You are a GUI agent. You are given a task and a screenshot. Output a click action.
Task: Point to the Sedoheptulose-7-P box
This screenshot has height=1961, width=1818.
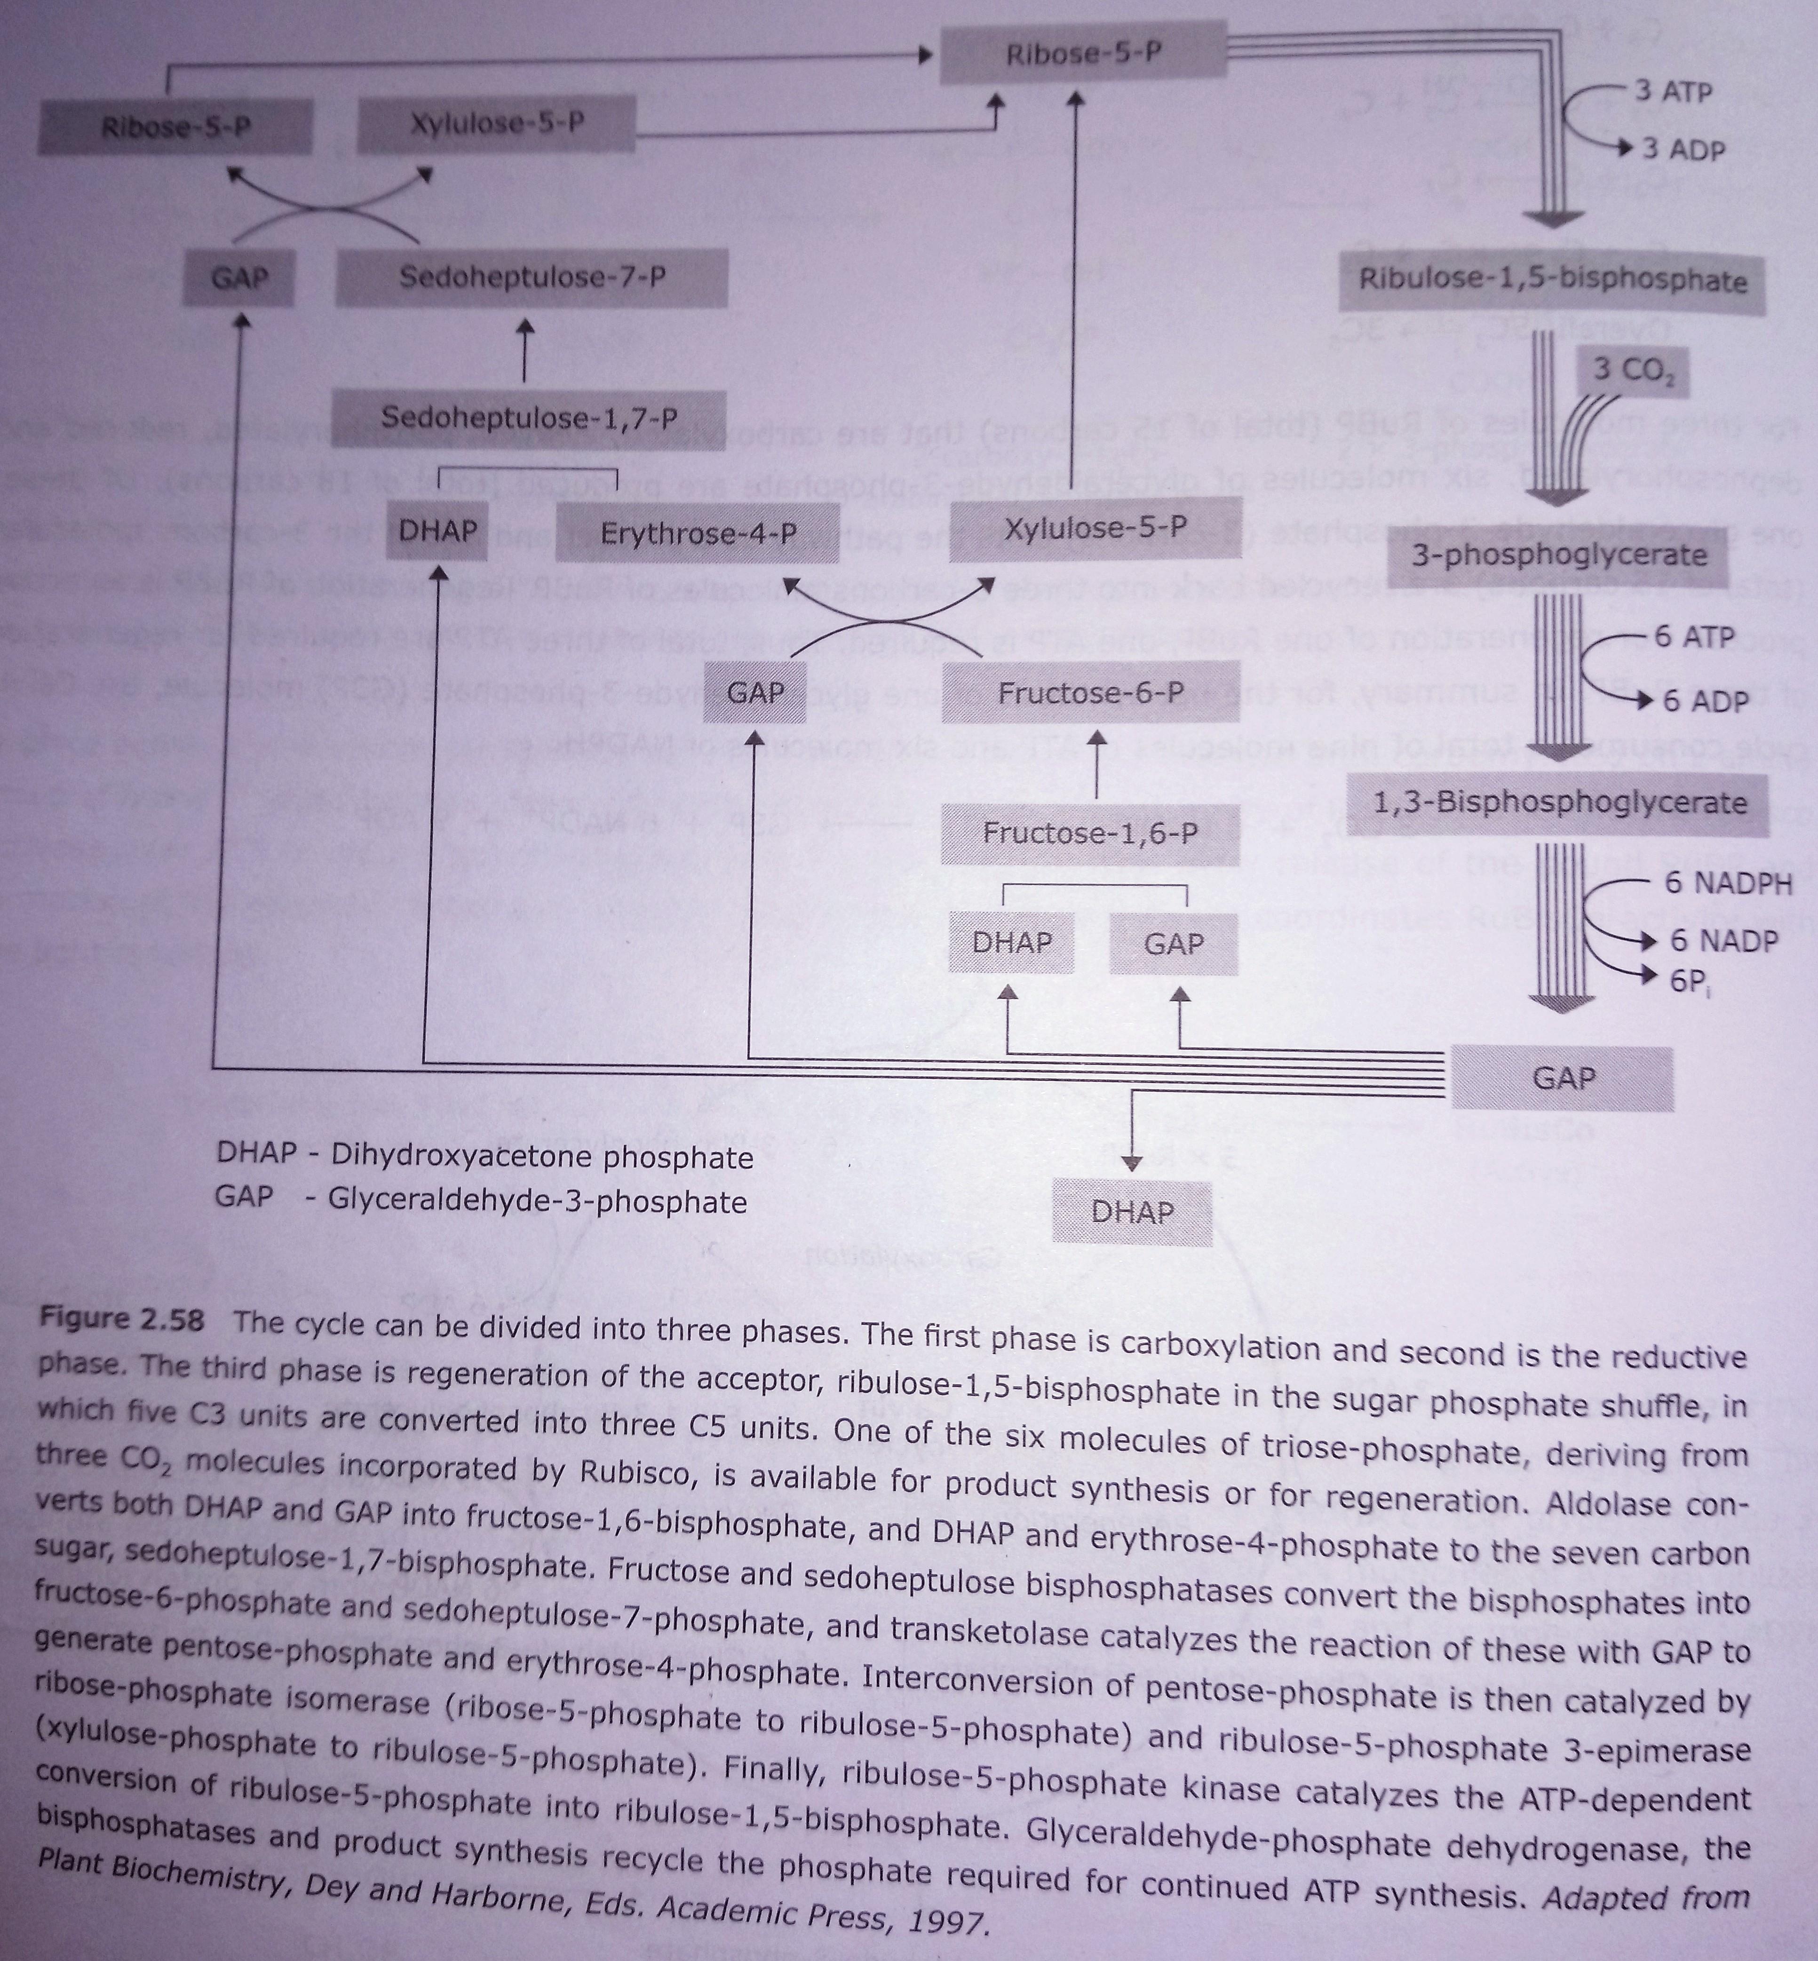(531, 278)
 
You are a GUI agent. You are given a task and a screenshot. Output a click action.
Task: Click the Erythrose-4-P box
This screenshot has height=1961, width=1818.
(699, 534)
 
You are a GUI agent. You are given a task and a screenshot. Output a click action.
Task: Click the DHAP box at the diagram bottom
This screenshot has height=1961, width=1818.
(1132, 1212)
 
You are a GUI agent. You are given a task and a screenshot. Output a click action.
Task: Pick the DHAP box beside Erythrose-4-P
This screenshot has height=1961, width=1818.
(438, 532)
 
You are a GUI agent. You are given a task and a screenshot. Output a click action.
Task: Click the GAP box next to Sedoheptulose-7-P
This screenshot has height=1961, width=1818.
(239, 278)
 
